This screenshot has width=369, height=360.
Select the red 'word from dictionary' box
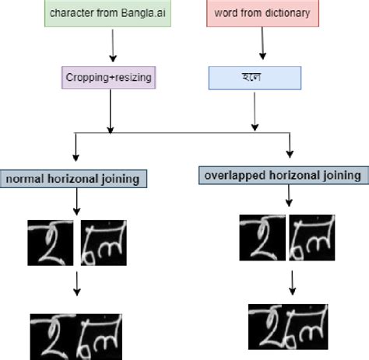[262, 14]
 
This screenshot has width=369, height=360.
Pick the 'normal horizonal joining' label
[72, 179]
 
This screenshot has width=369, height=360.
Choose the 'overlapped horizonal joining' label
[283, 175]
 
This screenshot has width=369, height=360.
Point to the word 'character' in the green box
[70, 14]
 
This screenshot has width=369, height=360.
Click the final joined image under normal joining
[76, 334]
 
